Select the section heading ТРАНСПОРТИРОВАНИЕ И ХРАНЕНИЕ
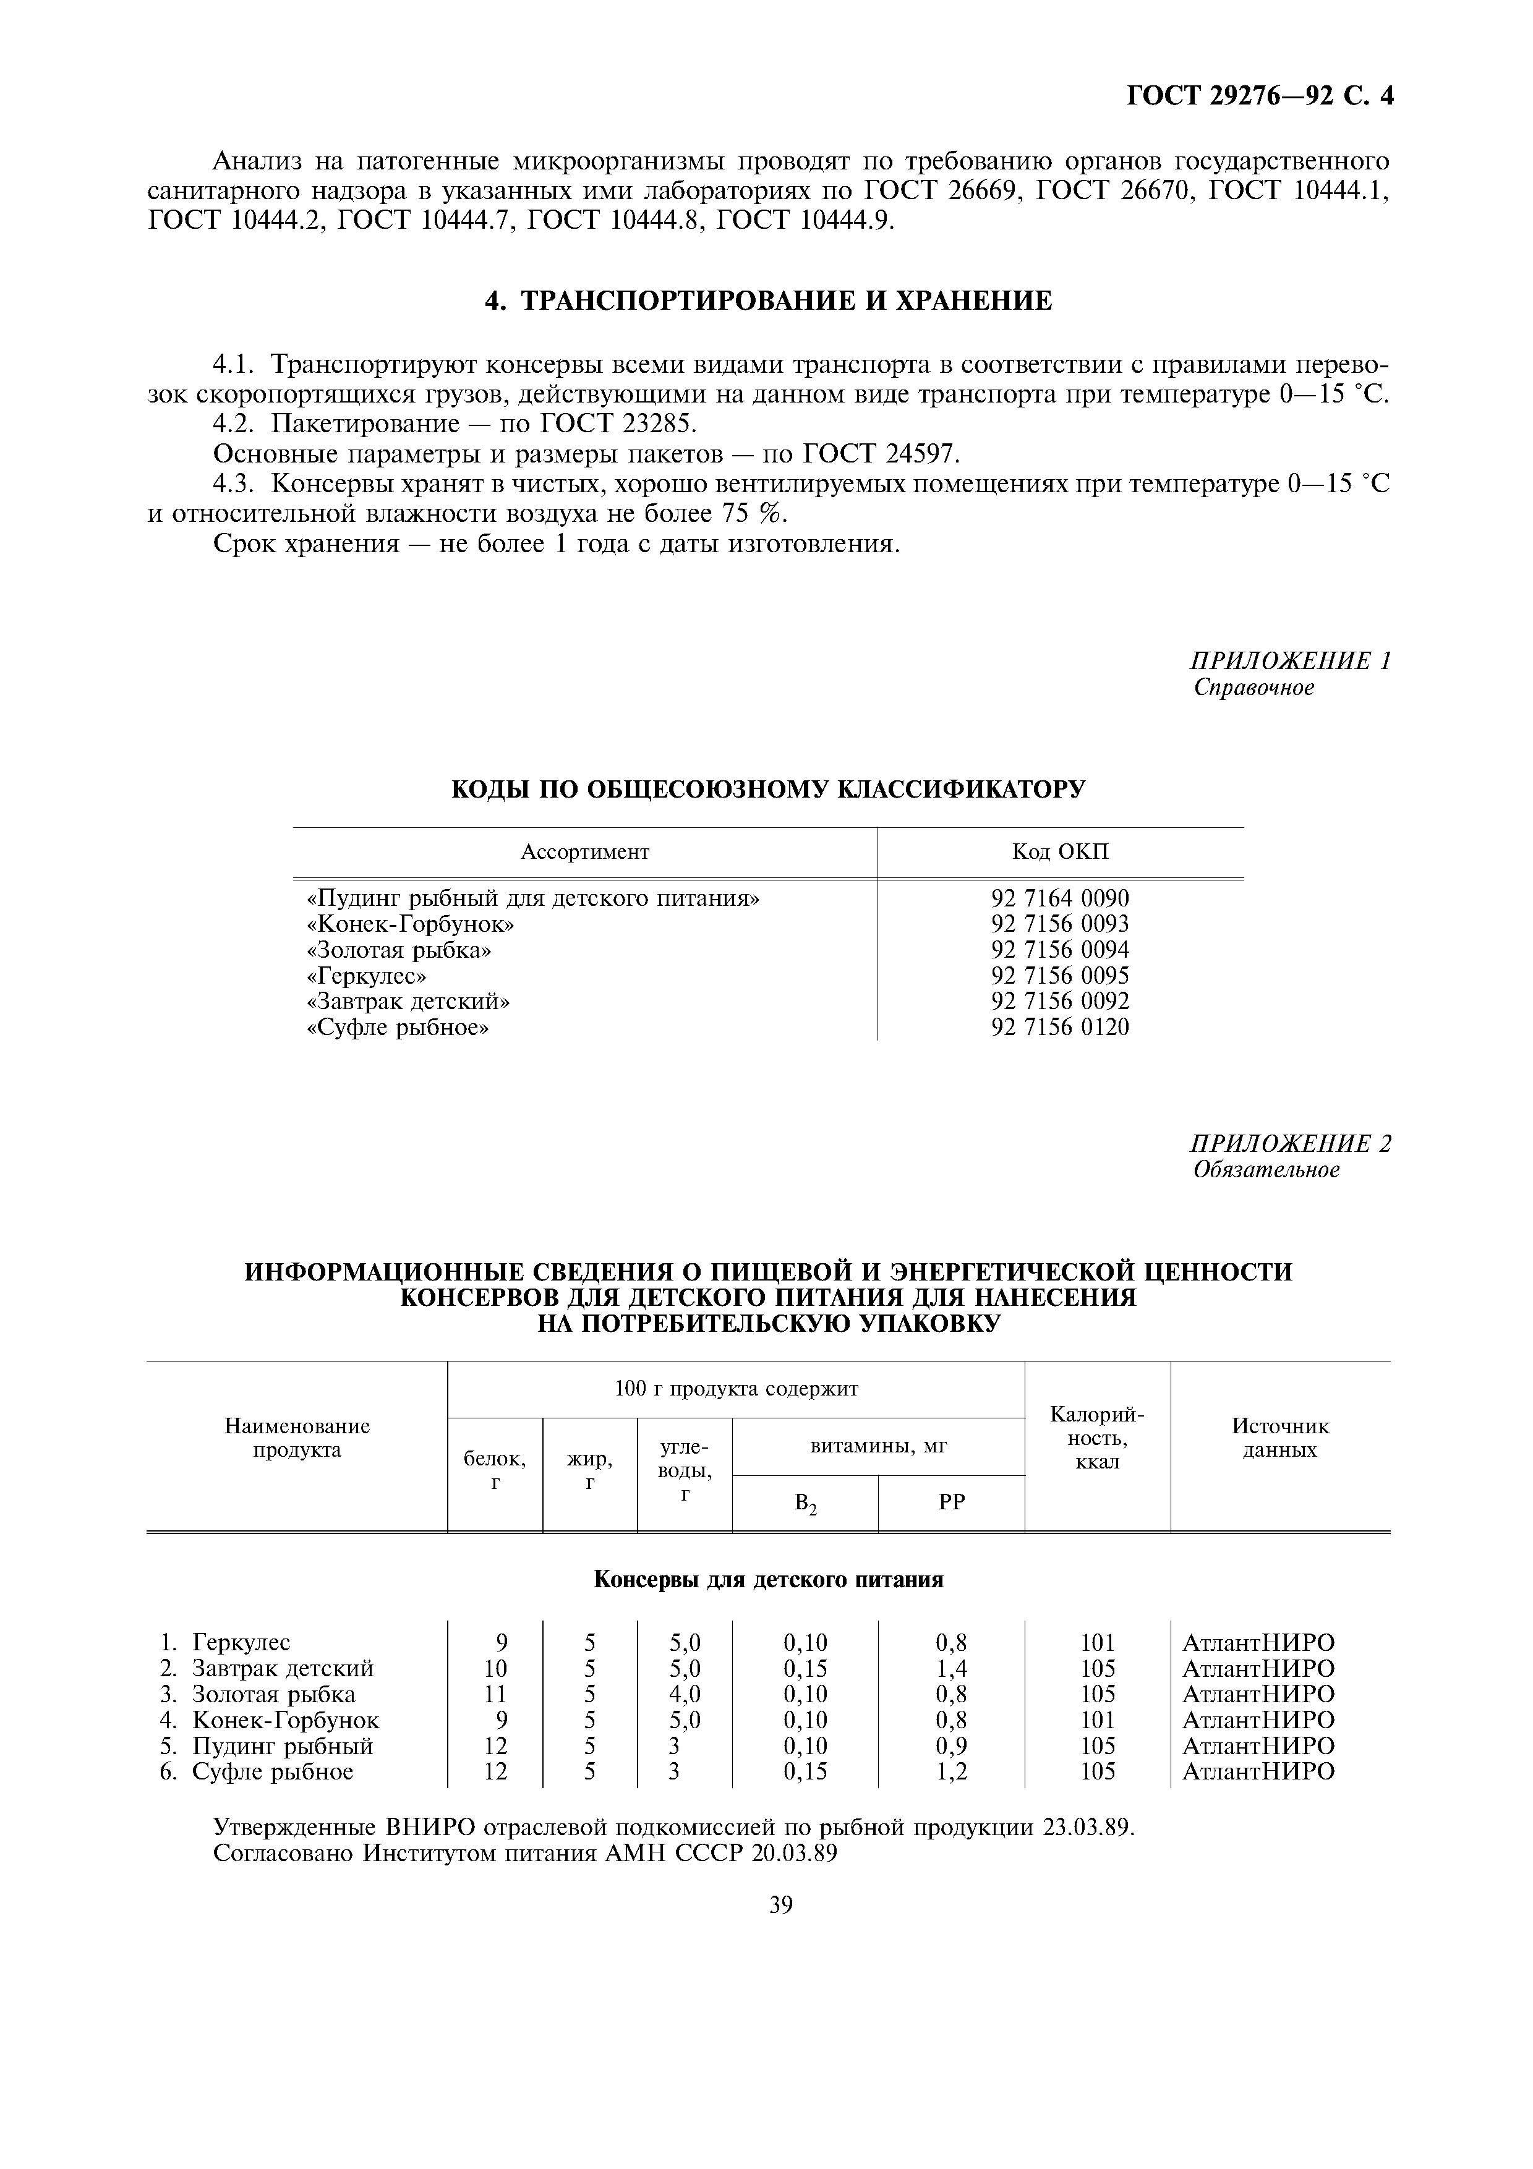click(x=768, y=301)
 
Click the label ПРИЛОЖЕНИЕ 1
click(x=1290, y=660)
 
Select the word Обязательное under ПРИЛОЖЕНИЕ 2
click(x=1266, y=1170)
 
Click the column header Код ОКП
click(x=1061, y=852)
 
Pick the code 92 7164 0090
click(x=1060, y=898)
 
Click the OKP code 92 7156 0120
click(x=1060, y=1027)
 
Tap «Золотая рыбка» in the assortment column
click(x=401, y=950)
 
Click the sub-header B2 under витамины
click(x=805, y=1503)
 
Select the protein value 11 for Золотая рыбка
click(x=495, y=1694)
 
